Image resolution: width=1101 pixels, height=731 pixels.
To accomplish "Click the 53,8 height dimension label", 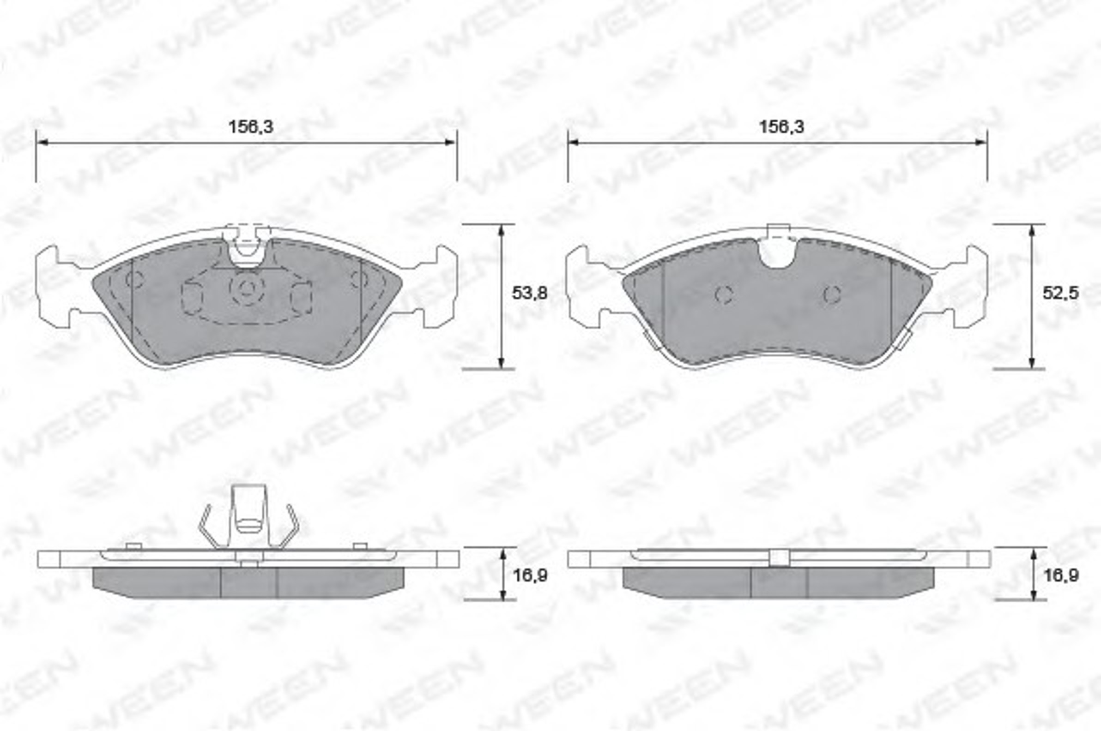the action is pyautogui.click(x=530, y=293).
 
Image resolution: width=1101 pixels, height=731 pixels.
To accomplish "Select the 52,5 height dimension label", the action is pyautogui.click(x=1060, y=293).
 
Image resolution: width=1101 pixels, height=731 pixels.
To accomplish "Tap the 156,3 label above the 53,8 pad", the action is pyautogui.click(x=250, y=127).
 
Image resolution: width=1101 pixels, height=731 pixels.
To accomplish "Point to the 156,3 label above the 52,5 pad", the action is pyautogui.click(x=782, y=127).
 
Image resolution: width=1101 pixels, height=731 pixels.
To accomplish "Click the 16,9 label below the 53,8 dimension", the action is pyautogui.click(x=530, y=576).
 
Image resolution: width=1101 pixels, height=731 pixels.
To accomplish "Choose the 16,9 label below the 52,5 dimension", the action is pyautogui.click(x=1061, y=576).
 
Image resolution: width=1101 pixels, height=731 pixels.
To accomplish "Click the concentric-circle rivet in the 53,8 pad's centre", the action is pyautogui.click(x=247, y=289).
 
